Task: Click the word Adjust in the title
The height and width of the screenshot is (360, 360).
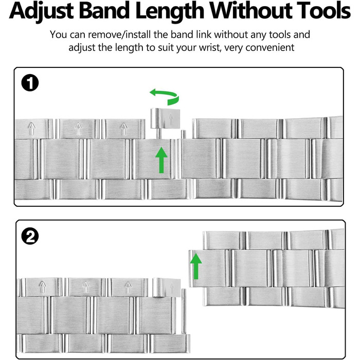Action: [x=42, y=11]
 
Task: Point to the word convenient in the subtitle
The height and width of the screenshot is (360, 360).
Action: [x=270, y=48]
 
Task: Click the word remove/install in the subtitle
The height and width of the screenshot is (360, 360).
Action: [x=120, y=34]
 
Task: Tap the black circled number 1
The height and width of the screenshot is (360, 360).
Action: [x=30, y=83]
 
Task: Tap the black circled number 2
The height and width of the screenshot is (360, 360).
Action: [x=30, y=236]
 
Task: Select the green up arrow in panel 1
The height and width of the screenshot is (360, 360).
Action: [x=161, y=160]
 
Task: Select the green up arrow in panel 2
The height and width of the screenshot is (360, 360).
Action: [x=196, y=266]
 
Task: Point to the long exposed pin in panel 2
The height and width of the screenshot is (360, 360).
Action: [x=184, y=312]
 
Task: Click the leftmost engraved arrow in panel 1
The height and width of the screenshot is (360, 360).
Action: [x=32, y=129]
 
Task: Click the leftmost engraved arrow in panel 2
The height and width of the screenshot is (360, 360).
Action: [x=43, y=287]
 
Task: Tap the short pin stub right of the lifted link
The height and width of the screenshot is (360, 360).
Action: [x=183, y=134]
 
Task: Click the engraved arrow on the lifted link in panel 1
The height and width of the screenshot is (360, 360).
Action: [x=171, y=119]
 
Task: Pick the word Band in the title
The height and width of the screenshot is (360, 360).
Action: [x=104, y=11]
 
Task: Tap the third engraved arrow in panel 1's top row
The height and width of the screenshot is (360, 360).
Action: [x=124, y=129]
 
